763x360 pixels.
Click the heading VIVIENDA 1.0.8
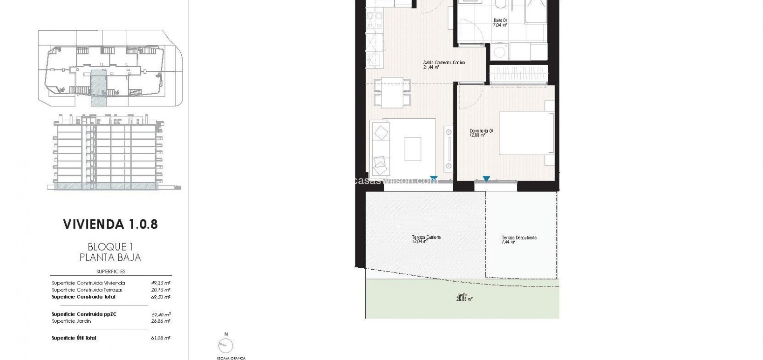point(110,224)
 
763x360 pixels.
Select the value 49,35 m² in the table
point(161,283)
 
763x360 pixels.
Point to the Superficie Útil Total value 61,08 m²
point(161,338)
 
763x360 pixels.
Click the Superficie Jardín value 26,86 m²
point(161,321)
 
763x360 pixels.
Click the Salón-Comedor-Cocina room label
point(443,63)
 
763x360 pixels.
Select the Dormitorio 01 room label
point(481,132)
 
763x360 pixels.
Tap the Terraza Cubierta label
point(426,238)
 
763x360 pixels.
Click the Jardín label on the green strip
point(462,295)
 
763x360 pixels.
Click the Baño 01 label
point(500,20)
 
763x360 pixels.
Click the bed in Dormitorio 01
point(526,133)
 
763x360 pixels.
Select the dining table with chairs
point(393,92)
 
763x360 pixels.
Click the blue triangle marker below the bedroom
point(486,179)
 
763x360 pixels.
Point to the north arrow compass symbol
point(226,345)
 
